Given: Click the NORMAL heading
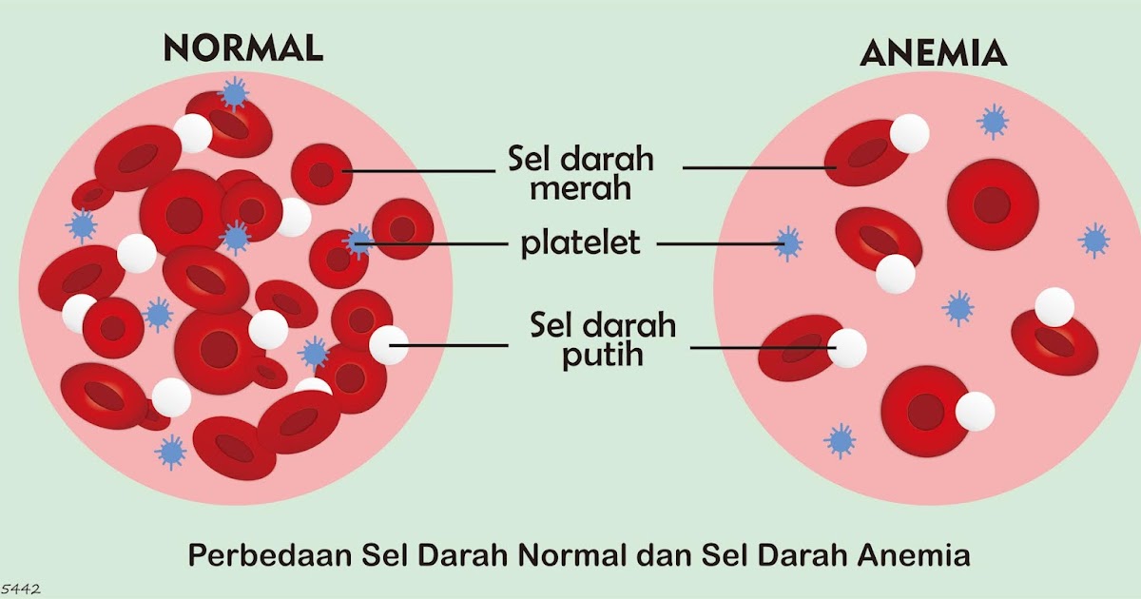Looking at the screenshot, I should [x=242, y=48].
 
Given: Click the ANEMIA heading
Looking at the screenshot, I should [x=933, y=54].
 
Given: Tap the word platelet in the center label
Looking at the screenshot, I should [x=580, y=244].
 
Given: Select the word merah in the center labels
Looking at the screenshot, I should [x=580, y=187].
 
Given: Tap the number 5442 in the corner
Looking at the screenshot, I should [x=20, y=589].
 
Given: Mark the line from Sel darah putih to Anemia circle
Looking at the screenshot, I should [x=761, y=348].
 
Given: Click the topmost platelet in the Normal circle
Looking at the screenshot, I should [x=234, y=93].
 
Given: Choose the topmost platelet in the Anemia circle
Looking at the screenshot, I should [x=994, y=121].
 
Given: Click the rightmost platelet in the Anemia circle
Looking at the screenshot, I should [x=1095, y=240].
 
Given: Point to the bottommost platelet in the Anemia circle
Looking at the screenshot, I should [x=840, y=440].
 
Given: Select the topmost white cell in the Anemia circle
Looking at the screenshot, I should [x=909, y=133].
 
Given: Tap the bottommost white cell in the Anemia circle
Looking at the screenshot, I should [x=975, y=412].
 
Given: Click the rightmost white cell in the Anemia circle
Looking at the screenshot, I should [x=1054, y=307].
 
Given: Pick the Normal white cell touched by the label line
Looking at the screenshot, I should [x=388, y=345].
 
